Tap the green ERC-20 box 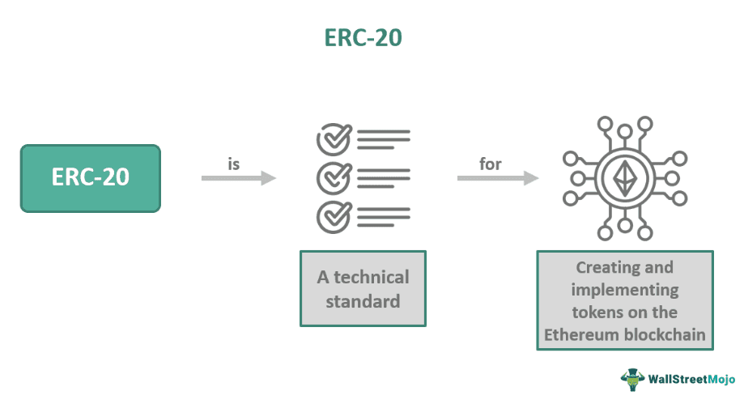coord(91,178)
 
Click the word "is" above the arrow coord(234,164)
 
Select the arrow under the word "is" coord(239,178)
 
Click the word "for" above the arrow coord(491,164)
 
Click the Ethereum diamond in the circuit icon coord(624,177)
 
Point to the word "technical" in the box coord(371,277)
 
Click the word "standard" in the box coord(363,302)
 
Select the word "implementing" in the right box coord(624,289)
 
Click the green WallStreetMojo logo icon coord(632,378)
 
